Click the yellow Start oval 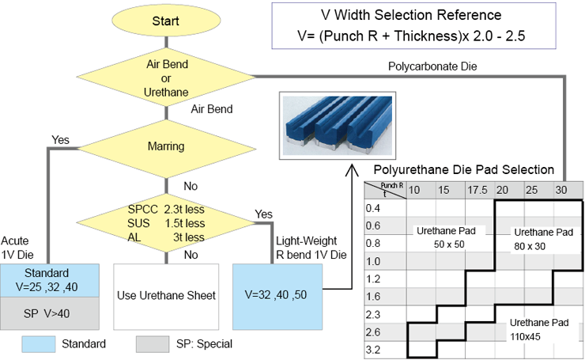point(165,20)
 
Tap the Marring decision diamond point(165,146)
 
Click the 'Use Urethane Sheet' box point(165,296)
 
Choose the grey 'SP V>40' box point(50,313)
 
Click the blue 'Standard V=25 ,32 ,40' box point(50,280)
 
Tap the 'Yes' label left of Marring point(60,140)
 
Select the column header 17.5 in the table point(476,191)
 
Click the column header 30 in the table point(560,191)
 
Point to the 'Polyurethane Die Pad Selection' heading point(463,170)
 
